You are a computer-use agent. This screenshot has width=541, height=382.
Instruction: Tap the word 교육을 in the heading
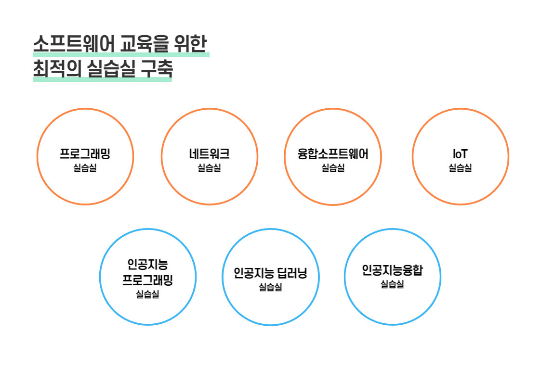point(145,43)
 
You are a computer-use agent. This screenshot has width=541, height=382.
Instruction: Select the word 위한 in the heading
point(190,43)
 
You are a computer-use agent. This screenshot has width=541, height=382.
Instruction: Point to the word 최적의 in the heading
point(57,68)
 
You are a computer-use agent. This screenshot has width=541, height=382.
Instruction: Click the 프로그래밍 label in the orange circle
point(85,153)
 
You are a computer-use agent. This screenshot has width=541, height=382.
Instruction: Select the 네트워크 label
point(210,153)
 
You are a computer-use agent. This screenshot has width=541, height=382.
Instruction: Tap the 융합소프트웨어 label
point(333,153)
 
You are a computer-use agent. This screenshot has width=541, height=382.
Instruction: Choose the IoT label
point(460,154)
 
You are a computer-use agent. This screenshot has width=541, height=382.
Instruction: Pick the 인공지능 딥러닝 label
point(271,273)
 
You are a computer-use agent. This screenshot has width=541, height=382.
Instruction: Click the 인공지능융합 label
point(392,270)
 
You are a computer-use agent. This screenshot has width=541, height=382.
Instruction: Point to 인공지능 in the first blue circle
point(148,265)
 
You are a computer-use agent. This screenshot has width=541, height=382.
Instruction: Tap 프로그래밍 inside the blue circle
point(148,280)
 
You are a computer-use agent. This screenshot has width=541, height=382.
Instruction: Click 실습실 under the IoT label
point(460,168)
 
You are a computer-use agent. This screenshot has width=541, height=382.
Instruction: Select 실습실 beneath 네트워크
point(210,168)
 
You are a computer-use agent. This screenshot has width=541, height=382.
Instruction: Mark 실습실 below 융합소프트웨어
point(333,168)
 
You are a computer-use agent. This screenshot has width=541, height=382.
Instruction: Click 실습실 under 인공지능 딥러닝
point(271,287)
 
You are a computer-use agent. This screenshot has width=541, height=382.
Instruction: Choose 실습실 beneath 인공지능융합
point(392,284)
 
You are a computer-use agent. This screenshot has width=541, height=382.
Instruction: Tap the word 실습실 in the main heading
point(111,68)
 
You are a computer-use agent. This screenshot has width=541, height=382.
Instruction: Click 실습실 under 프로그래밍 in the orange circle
point(85,168)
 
